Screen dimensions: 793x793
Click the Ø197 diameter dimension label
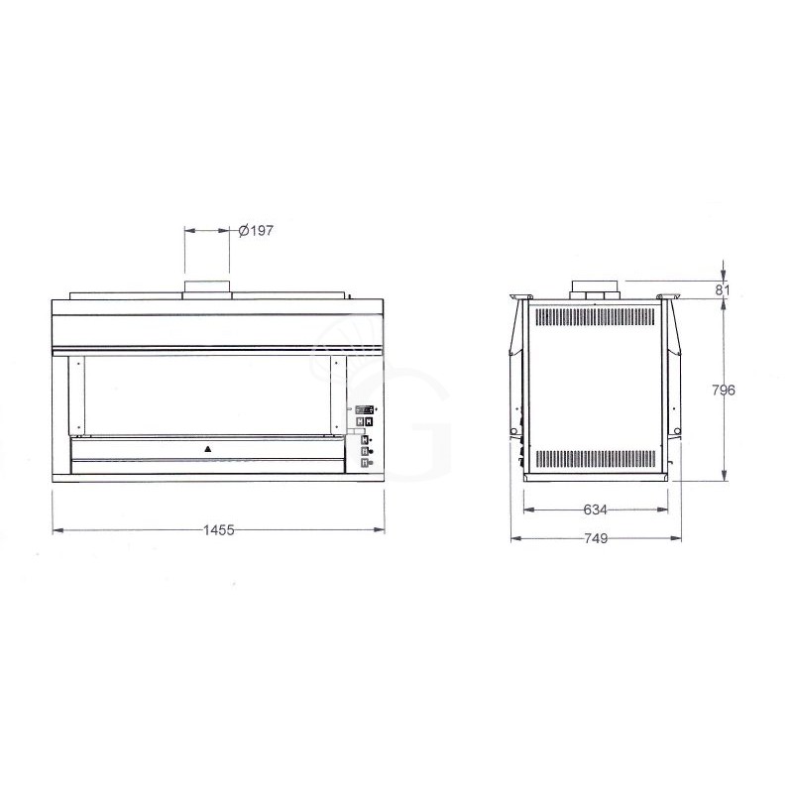tap(256, 230)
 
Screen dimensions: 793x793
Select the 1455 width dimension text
tap(218, 530)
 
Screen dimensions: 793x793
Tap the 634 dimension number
tap(595, 510)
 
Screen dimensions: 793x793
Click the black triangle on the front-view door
tap(208, 448)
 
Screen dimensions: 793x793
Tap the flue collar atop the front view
tap(207, 288)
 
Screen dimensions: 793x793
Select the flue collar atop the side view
tap(595, 288)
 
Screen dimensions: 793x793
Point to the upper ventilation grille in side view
tap(595, 317)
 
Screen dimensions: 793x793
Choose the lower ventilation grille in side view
tap(595, 459)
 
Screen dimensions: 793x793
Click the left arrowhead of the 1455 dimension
tap(56, 530)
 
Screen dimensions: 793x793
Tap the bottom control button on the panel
tap(365, 462)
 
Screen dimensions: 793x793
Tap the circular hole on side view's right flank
tap(674, 431)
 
